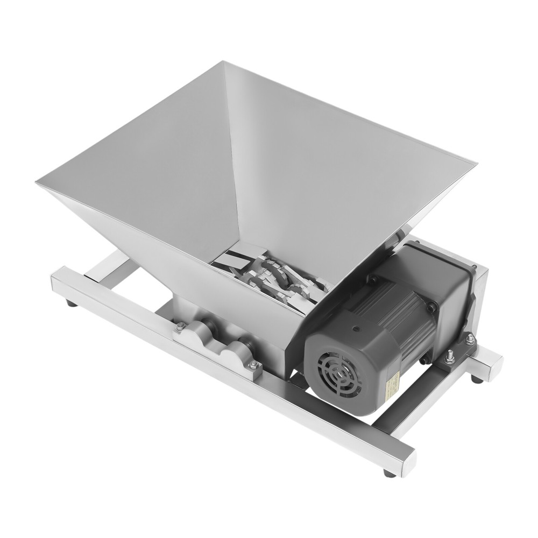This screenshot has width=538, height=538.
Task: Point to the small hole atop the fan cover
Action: (x=356, y=328)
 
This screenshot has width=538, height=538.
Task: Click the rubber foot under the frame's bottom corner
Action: (x=388, y=473)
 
